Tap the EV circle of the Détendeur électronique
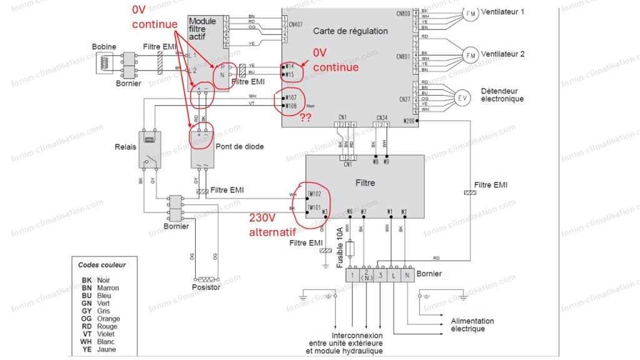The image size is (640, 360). [x=462, y=97]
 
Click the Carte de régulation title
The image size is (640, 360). [x=350, y=31]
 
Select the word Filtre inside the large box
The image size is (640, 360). [x=365, y=183]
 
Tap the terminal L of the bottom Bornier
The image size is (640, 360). [x=392, y=275]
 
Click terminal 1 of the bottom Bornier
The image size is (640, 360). [x=353, y=275]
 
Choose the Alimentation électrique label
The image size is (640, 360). [x=472, y=324]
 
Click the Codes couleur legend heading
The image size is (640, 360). [x=102, y=265]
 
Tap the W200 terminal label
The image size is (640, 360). [x=409, y=120]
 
